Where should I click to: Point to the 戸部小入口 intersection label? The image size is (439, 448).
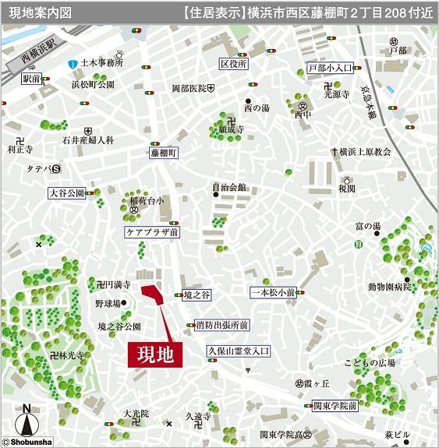point(331,69)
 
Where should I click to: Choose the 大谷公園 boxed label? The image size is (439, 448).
point(65,192)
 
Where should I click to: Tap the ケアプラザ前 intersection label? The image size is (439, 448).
point(153,232)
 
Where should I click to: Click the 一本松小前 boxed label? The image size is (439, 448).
point(273,292)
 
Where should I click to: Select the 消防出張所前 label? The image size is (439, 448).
point(222,325)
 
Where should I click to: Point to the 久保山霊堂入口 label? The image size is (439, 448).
point(238,351)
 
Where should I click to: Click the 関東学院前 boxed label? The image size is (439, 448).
point(335,406)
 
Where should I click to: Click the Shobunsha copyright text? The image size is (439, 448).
point(29,442)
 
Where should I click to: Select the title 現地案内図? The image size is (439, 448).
point(40,12)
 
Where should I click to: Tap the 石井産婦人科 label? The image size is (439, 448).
point(88,140)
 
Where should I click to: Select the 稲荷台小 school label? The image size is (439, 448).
point(147,200)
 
